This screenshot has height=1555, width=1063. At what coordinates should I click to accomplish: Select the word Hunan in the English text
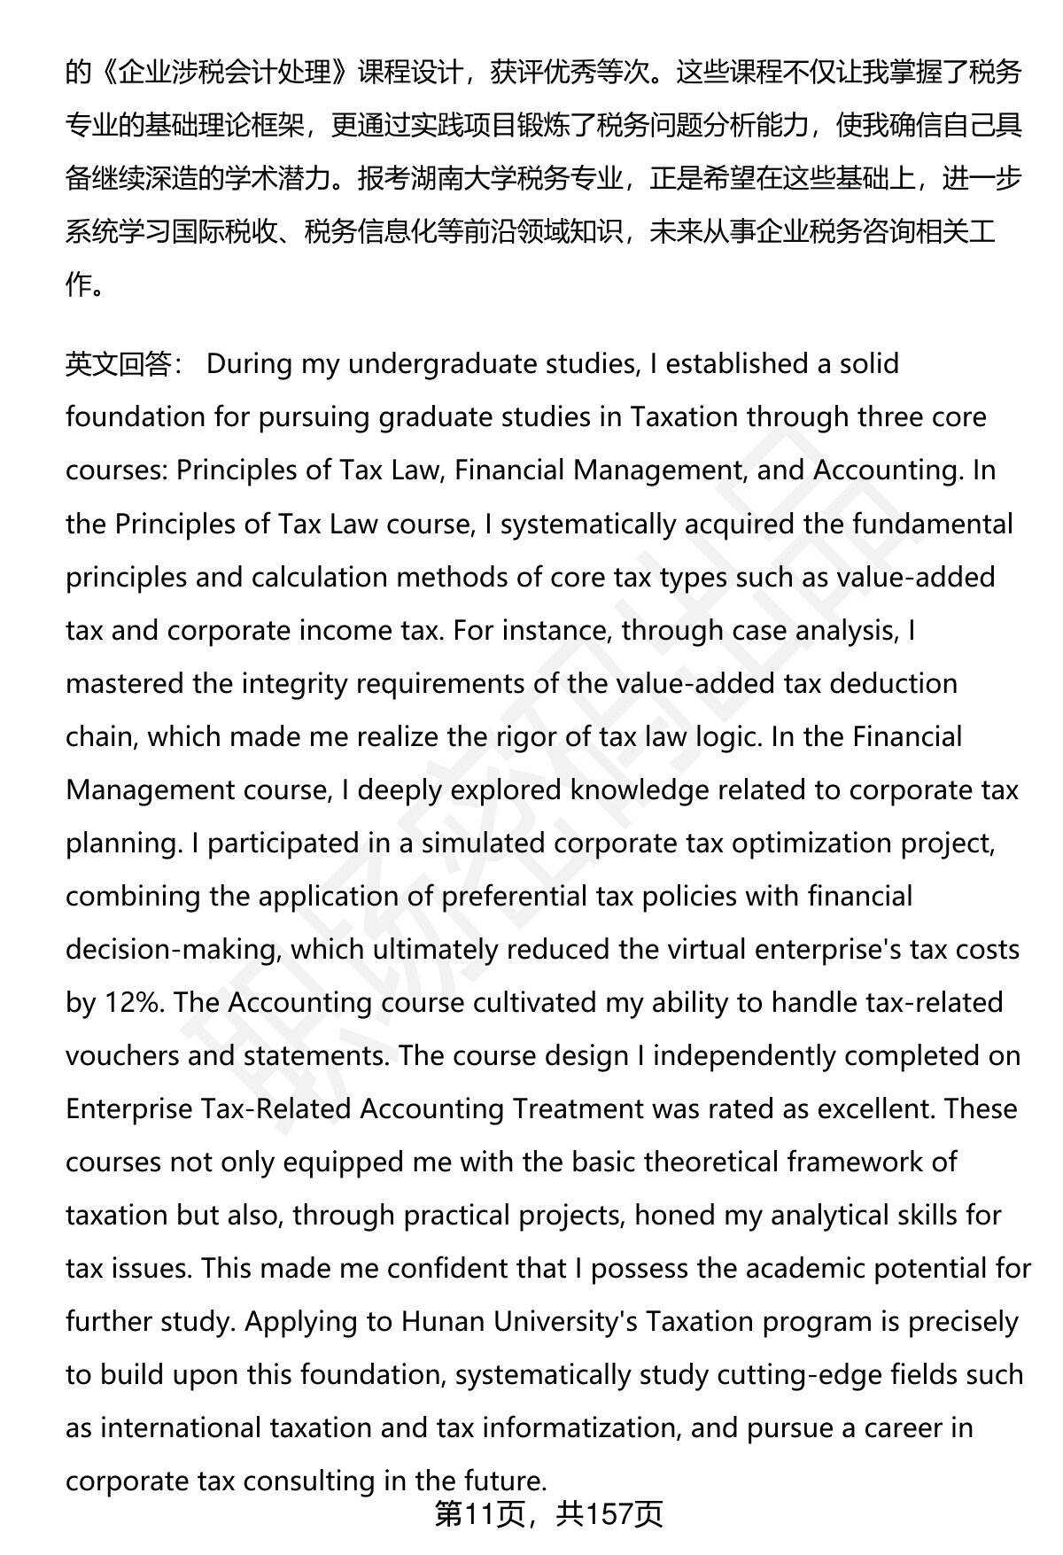(442, 1321)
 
